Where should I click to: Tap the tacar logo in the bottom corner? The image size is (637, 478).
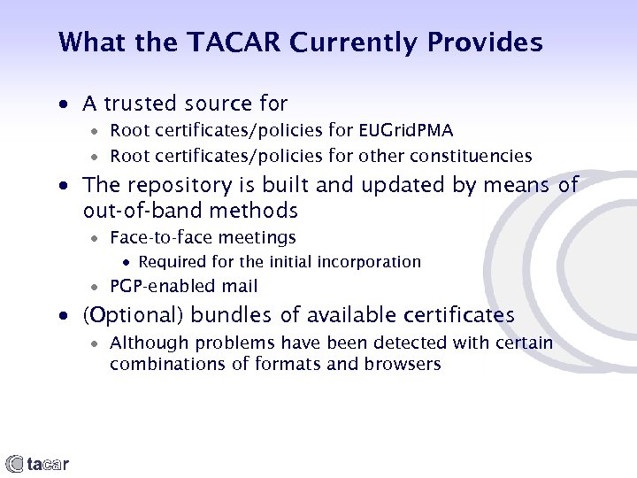(37, 463)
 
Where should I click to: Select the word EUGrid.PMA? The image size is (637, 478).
(405, 131)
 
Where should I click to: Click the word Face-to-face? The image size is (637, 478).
(160, 237)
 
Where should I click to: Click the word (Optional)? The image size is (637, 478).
(134, 315)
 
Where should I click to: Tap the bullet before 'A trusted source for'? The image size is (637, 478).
(63, 105)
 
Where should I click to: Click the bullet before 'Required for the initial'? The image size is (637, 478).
(127, 263)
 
